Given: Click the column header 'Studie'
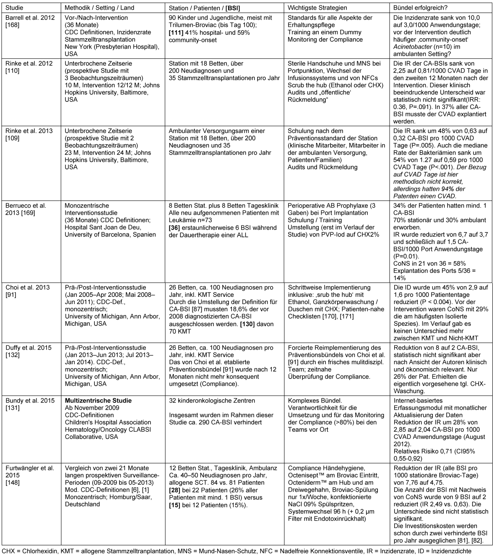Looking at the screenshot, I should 15,8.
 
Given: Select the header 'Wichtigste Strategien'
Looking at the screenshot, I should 317,8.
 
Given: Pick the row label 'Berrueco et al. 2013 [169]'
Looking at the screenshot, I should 26,209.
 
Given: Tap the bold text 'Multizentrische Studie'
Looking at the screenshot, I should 98,401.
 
